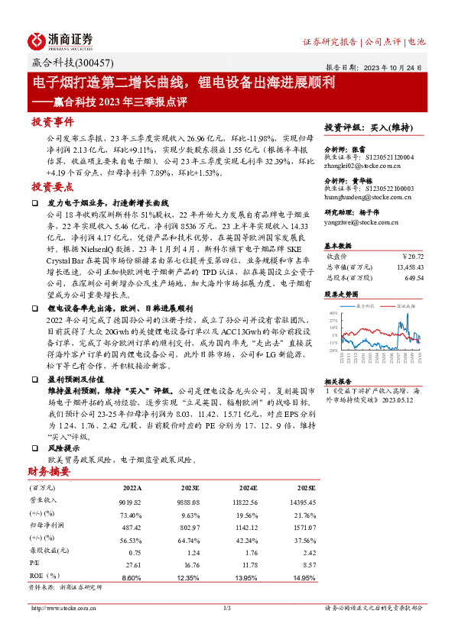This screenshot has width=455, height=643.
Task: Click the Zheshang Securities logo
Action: pos(60,40)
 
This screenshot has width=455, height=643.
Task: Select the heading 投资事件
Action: pos(52,122)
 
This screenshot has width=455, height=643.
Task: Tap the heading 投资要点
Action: pos(52,187)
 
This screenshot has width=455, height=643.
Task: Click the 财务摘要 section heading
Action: pos(49,471)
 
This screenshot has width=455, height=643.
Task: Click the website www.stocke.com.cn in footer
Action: pos(59,608)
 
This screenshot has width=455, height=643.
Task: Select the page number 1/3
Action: pos(227,608)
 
